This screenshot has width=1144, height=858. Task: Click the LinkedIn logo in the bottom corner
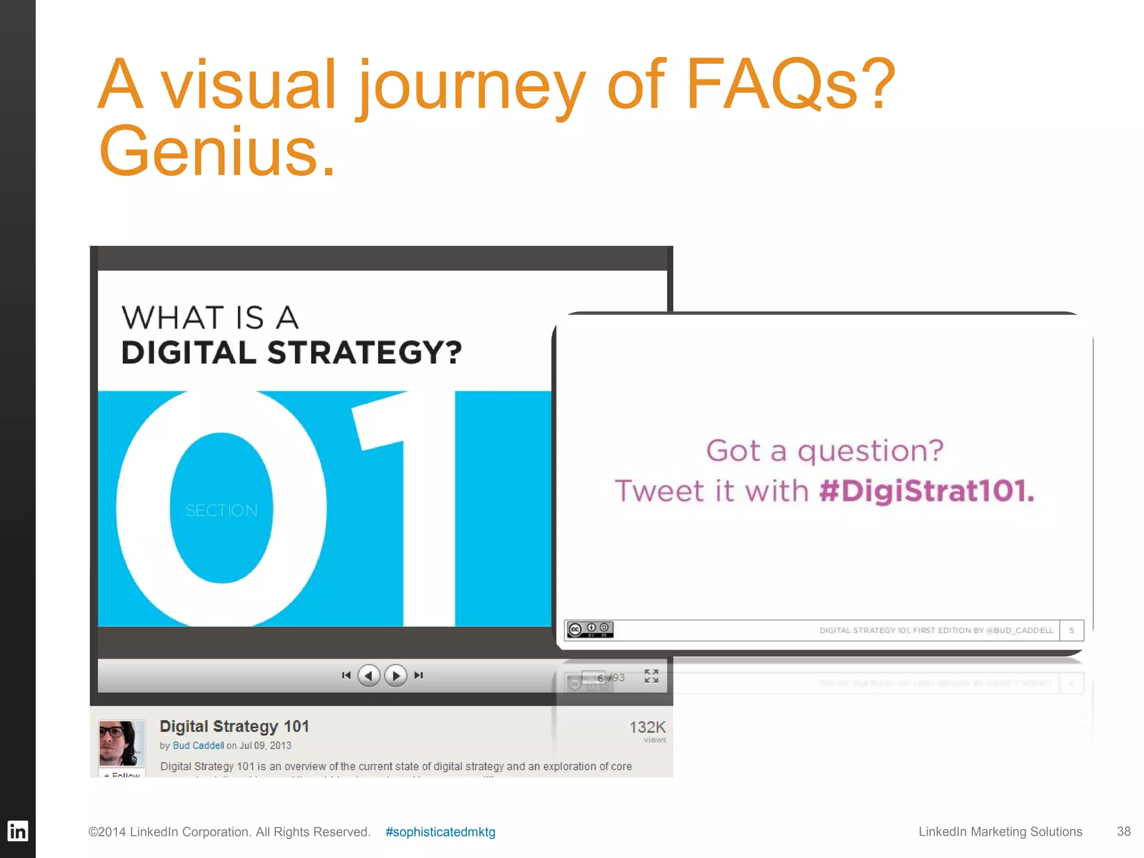[x=17, y=831]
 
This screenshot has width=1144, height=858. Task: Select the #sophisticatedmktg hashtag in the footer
[x=440, y=832]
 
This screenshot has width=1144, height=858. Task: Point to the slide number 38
[x=1123, y=831]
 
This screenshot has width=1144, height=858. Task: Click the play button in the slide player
[x=395, y=676]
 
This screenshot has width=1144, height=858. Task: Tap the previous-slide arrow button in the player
[x=369, y=676]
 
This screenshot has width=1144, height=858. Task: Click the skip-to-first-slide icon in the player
[x=346, y=675]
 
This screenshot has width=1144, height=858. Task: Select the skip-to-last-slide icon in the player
[x=418, y=675]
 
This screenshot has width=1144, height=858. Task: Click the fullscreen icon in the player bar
[x=651, y=676]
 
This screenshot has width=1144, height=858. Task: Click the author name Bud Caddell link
[x=198, y=746]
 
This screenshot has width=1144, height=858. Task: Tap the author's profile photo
[x=122, y=743]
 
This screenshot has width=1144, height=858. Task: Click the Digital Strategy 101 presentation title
[x=234, y=726]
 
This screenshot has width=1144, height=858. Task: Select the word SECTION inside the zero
[x=222, y=511]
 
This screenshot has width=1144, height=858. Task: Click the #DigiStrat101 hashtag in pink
[x=927, y=490]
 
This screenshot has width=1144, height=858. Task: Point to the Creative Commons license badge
[x=590, y=630]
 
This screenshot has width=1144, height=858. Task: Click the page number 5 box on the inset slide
[x=1071, y=630]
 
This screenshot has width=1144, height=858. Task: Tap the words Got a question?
[x=824, y=450]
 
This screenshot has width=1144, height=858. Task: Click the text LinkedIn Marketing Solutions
[x=1000, y=831]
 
